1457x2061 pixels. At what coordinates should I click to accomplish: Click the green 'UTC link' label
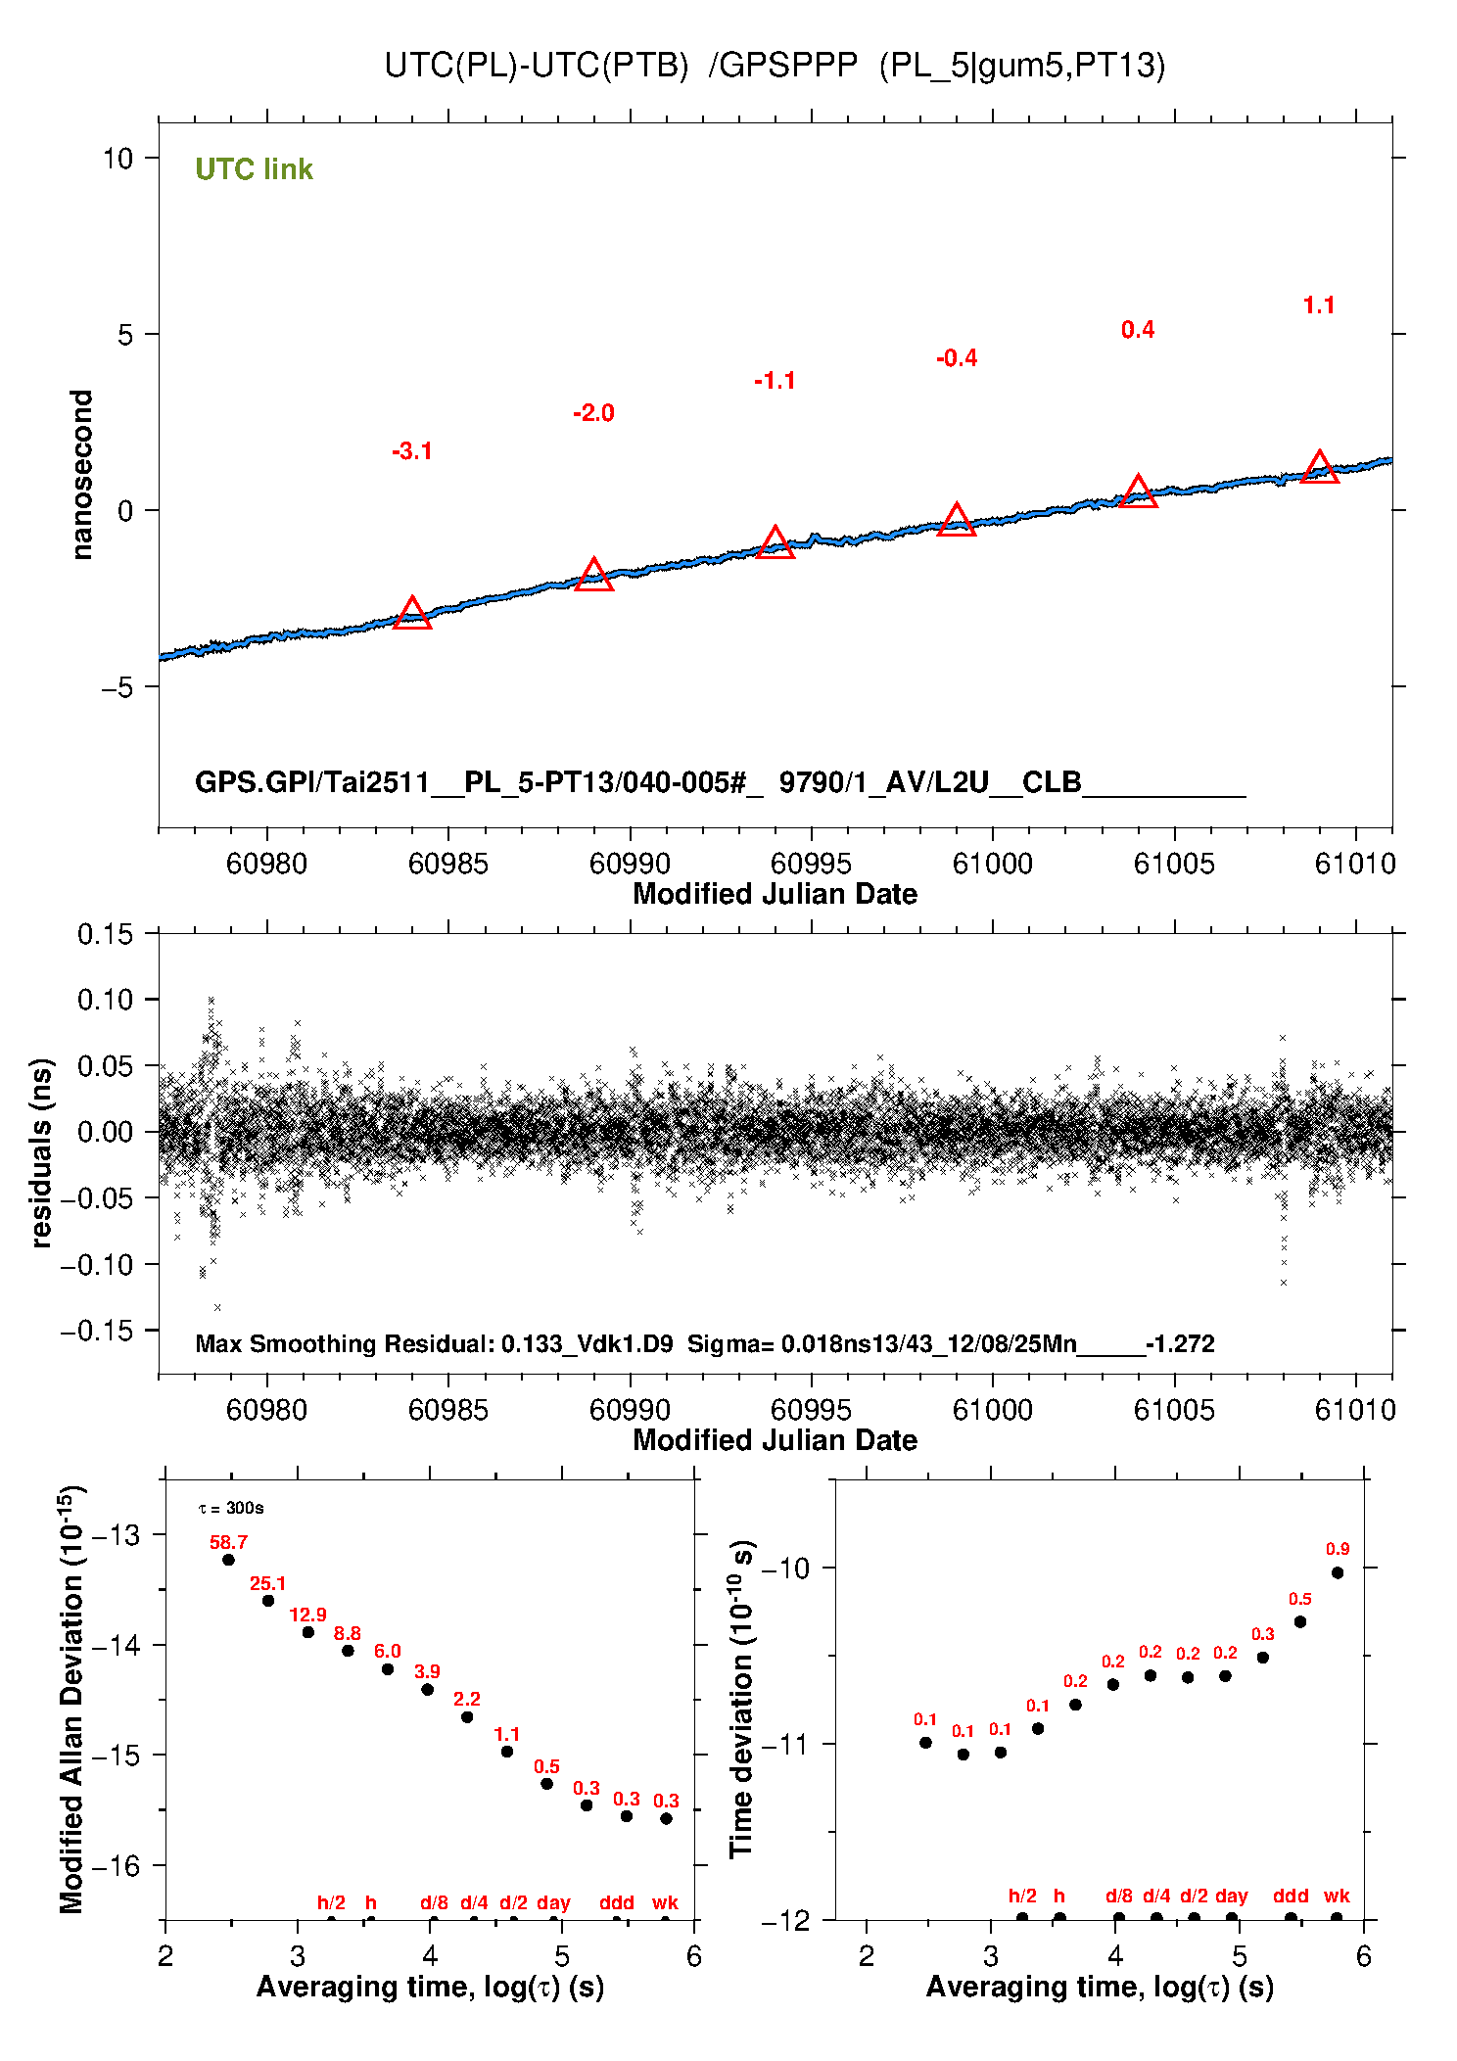tap(254, 169)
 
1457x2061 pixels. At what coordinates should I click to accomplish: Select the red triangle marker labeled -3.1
tap(412, 614)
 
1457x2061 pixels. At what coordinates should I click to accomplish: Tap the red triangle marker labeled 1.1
tap(1319, 468)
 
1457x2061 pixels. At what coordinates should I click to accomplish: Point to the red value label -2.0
tap(593, 413)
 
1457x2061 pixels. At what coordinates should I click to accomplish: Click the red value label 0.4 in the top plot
tap(1137, 330)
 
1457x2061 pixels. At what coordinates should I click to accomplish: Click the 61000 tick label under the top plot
tap(992, 864)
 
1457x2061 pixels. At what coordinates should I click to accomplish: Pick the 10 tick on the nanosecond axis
tap(117, 158)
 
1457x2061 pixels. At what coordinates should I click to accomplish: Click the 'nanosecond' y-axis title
tap(81, 475)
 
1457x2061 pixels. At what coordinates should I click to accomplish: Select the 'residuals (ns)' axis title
tap(41, 1152)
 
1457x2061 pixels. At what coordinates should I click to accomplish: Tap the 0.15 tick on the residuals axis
tap(105, 934)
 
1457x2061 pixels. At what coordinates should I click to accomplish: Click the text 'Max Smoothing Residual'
tap(343, 1343)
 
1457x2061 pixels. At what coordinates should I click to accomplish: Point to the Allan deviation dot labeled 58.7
tap(228, 1560)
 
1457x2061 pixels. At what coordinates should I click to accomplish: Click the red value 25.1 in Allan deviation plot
tap(267, 1583)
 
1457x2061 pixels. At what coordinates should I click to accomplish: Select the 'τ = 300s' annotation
tap(231, 1508)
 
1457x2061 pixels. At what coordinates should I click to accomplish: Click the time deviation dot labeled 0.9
tap(1337, 1572)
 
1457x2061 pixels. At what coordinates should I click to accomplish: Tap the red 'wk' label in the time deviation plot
tap(1337, 1896)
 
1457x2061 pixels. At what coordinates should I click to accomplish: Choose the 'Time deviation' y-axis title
tap(741, 1700)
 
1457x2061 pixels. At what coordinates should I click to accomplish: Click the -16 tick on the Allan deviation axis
tap(116, 1866)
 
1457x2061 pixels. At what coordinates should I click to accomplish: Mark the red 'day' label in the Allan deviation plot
tap(553, 1902)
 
